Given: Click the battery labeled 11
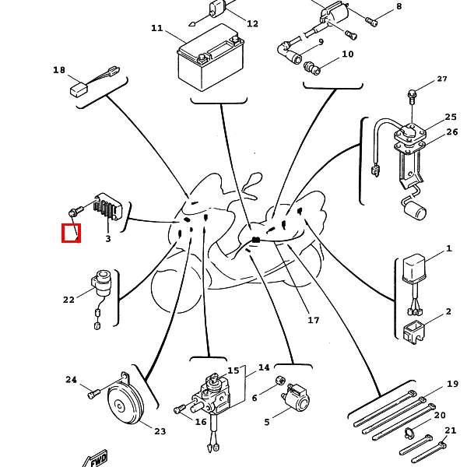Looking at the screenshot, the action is coord(211,58).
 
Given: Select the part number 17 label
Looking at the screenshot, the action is coord(314,320).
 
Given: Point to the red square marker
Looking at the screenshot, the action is coord(71,233).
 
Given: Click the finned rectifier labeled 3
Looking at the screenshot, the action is coord(107,206).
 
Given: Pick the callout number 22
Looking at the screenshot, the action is coord(68,300).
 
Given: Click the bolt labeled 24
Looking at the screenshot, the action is coord(94,395).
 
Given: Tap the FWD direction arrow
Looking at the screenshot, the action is coord(95,459).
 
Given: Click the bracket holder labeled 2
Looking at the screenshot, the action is coord(414,332).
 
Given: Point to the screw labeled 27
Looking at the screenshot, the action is coord(412,97).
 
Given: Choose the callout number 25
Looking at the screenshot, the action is coord(451,117).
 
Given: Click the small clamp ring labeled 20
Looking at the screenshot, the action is coord(409,433).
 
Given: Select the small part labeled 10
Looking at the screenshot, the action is coord(312,68).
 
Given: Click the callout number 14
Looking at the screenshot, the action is coord(264,368).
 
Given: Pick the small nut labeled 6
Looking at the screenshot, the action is coord(280,381).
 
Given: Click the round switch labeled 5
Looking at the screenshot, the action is coord(297,399).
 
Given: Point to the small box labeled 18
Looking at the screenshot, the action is coord(79,90).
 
